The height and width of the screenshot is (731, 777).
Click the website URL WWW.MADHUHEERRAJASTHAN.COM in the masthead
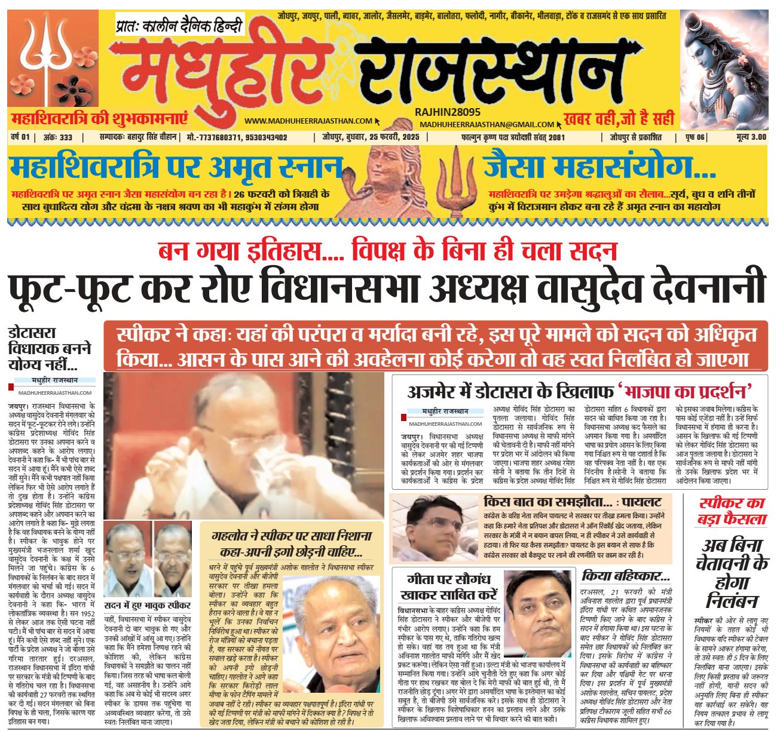point(308,121)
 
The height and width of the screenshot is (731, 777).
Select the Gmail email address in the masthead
point(487,124)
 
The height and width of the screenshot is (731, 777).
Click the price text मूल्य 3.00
point(751,137)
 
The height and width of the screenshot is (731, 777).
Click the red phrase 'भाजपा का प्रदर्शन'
point(685,392)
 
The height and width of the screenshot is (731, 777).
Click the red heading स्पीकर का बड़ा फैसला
point(732,511)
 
